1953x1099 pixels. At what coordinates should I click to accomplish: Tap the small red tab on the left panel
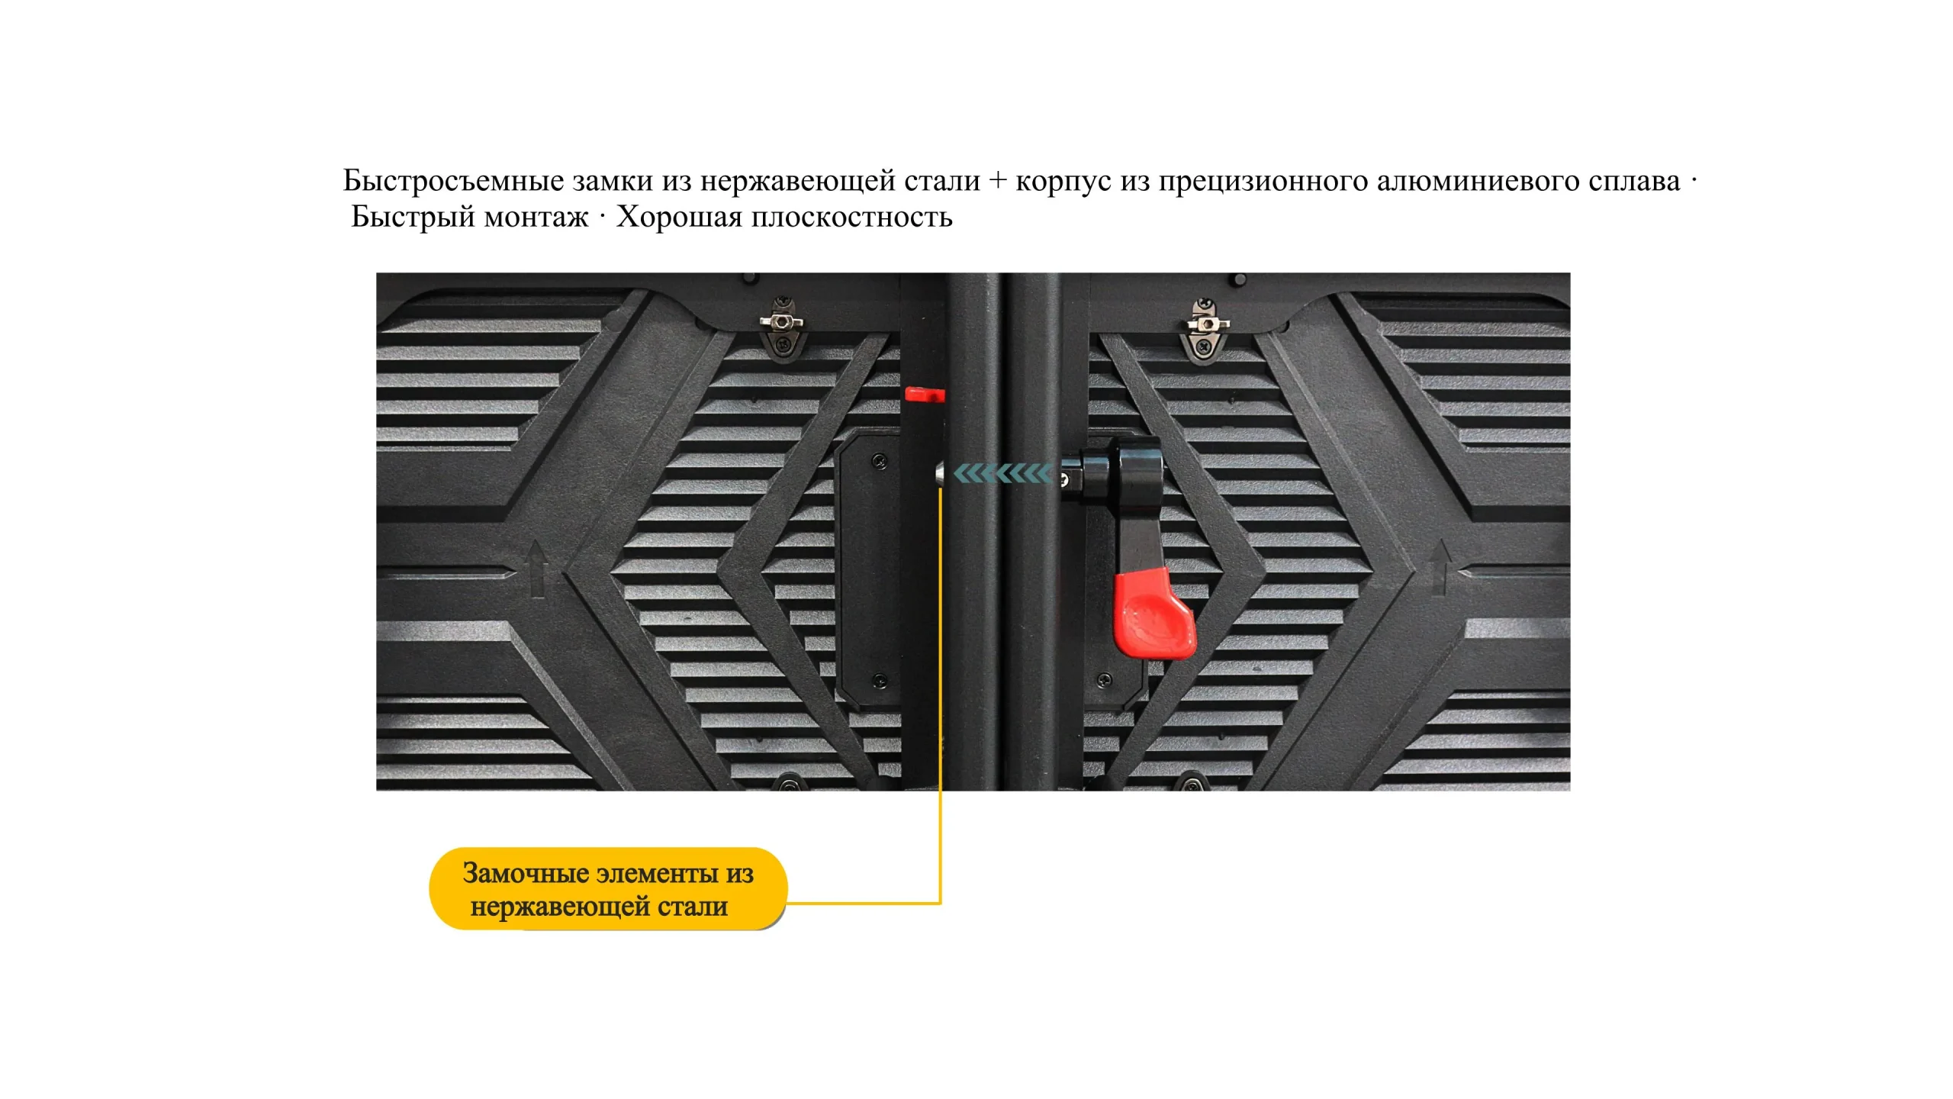[925, 395]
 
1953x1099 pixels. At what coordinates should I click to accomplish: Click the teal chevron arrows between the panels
[1002, 474]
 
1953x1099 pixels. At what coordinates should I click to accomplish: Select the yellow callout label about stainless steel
[608, 888]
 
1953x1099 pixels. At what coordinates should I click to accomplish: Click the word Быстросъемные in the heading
[453, 181]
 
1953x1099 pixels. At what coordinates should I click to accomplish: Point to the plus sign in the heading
[997, 182]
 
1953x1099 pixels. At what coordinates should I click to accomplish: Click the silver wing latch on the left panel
[782, 323]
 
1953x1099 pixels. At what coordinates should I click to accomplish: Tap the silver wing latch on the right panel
[1208, 324]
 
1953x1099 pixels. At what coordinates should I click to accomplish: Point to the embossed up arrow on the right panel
[1440, 567]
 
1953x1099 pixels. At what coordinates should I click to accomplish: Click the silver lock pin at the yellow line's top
[941, 474]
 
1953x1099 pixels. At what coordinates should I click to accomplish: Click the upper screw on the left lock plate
[880, 461]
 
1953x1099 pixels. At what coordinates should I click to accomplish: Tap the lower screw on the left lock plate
[879, 680]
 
